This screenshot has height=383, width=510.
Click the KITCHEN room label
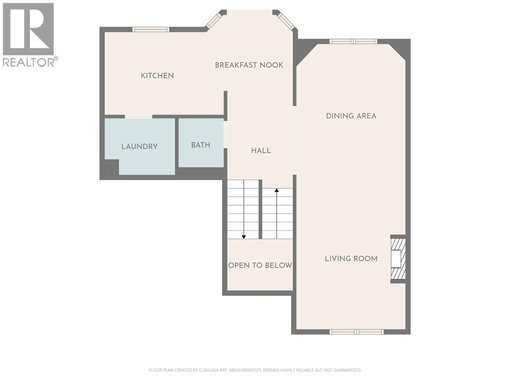(x=157, y=76)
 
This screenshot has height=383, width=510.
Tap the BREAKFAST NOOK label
(x=249, y=65)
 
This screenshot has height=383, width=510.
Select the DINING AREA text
(x=351, y=116)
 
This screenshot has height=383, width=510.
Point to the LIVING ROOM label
(x=351, y=259)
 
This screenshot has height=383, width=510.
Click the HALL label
(x=261, y=151)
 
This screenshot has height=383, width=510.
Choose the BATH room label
(x=201, y=145)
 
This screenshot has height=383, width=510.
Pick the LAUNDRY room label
(x=139, y=146)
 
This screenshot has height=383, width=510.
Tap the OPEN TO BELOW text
(x=260, y=265)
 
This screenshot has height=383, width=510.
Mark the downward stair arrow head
(x=244, y=237)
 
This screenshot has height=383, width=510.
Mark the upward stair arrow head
(x=276, y=190)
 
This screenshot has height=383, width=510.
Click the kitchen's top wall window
(x=151, y=29)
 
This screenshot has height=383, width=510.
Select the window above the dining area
(x=353, y=41)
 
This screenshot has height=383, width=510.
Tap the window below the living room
(x=357, y=332)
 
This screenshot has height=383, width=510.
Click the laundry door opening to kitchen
(x=139, y=116)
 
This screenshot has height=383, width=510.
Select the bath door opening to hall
(x=225, y=134)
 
